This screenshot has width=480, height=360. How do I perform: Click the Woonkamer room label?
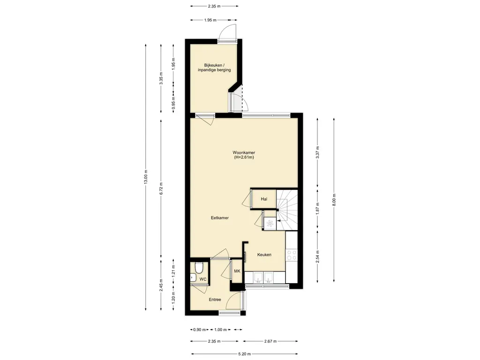pyautogui.click(x=244, y=152)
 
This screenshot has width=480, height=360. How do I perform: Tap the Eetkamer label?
pyautogui.click(x=220, y=218)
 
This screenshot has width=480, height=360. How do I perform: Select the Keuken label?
pyautogui.click(x=264, y=255)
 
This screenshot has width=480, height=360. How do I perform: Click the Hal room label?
pyautogui.click(x=264, y=199)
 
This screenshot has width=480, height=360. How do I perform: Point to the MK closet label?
pyautogui.click(x=237, y=271)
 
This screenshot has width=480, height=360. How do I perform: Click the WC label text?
pyautogui.click(x=203, y=279)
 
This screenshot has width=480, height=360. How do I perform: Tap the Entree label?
pyautogui.click(x=215, y=300)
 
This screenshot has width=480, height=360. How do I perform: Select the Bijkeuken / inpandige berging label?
pyautogui.click(x=214, y=67)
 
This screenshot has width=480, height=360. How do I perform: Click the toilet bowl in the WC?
pyautogui.click(x=199, y=267)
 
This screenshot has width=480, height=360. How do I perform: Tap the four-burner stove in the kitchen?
pyautogui.click(x=292, y=255)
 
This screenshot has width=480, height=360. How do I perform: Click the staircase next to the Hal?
pyautogui.click(x=287, y=210)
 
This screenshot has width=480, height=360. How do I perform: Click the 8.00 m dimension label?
pyautogui.click(x=334, y=200)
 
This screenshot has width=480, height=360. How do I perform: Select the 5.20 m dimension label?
pyautogui.click(x=244, y=354)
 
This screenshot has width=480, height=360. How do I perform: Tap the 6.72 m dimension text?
pyautogui.click(x=161, y=188)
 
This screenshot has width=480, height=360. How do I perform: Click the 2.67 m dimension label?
pyautogui.click(x=270, y=341)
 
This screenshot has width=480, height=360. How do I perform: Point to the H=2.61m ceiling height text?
pyautogui.click(x=244, y=157)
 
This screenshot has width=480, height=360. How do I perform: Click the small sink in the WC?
pyautogui.click(x=193, y=277)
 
